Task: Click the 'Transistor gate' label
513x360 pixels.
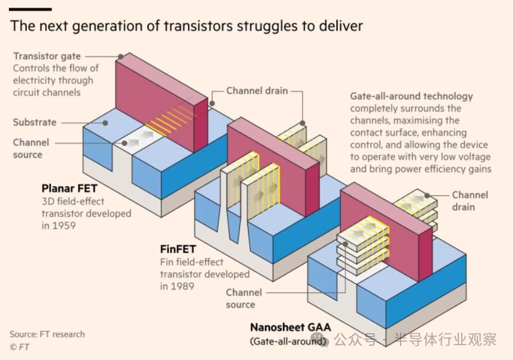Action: click(47, 56)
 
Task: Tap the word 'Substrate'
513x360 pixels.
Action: click(34, 122)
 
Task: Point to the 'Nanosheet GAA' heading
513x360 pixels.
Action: click(290, 327)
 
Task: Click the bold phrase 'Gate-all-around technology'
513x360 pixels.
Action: click(411, 96)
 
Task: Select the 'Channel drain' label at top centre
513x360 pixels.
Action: click(257, 91)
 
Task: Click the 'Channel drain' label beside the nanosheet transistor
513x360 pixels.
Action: click(470, 201)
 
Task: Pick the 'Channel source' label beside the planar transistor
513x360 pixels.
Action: click(31, 149)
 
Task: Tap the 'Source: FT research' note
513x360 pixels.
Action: click(47, 334)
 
